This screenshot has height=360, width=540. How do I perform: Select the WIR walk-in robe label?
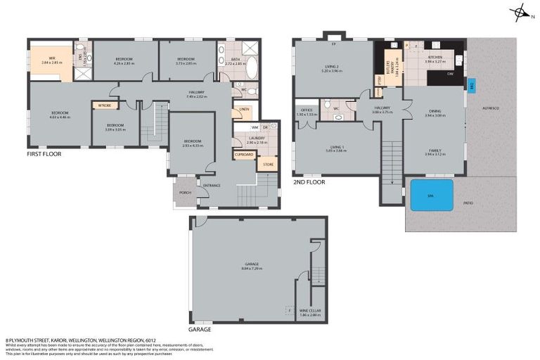coord(52,60)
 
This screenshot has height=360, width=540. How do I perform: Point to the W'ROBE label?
coord(105,105)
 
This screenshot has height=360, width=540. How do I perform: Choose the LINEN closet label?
coord(244,109)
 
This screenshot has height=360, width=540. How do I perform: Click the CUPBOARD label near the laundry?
coord(244,154)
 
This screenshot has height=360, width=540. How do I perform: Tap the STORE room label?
coord(267,165)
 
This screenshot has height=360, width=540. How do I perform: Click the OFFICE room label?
coord(306,110)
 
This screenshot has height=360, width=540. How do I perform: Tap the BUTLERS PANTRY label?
coord(388,71)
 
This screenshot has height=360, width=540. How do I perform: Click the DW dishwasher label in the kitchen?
coord(449,73)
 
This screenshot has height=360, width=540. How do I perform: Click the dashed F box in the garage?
coord(288,309)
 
